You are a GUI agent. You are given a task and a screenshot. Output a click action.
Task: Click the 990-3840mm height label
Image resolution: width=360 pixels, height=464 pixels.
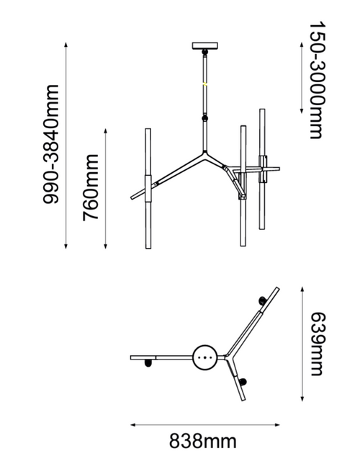[x=51, y=144]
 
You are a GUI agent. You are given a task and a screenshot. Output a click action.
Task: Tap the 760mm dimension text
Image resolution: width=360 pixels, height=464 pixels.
[x=90, y=187]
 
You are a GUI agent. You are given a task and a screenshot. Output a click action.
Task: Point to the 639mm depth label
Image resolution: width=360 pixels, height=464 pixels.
[x=318, y=344]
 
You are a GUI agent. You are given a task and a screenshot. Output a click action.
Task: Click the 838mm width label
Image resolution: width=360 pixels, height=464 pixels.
[x=202, y=441]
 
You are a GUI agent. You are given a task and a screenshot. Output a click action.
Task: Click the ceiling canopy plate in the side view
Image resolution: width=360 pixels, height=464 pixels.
[x=205, y=46]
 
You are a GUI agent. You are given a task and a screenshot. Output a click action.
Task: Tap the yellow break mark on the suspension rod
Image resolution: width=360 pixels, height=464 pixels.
[x=204, y=84]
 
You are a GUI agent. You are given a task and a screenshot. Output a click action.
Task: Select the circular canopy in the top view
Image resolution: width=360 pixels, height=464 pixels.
[x=204, y=357]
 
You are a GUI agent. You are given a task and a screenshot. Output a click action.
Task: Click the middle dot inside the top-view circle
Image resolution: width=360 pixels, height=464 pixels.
[x=204, y=357]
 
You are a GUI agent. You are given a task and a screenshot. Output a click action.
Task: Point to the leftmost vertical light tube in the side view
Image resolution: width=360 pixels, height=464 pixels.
[x=148, y=189]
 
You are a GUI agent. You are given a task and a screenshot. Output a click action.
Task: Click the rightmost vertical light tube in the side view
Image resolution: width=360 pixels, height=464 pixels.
[x=262, y=169]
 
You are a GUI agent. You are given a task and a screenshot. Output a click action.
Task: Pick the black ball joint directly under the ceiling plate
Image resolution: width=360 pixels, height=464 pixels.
[x=204, y=52]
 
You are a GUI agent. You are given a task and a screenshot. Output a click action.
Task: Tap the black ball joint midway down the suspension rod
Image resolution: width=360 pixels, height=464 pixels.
[x=204, y=118]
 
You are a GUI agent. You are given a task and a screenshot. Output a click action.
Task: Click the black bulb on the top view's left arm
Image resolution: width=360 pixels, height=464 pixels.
[x=148, y=363]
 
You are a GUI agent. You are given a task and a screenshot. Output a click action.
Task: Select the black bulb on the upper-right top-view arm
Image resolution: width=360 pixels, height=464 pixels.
[x=262, y=300]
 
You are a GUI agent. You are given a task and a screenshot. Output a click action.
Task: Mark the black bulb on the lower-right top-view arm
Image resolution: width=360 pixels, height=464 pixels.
[x=243, y=382]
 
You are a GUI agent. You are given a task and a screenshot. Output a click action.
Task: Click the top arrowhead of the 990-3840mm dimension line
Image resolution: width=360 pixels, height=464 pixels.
[x=66, y=45]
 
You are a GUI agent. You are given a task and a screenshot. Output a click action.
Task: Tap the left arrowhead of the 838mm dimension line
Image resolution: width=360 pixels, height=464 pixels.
[x=132, y=425]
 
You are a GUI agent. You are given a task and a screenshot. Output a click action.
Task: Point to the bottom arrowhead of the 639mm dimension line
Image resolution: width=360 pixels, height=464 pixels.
[x=302, y=399]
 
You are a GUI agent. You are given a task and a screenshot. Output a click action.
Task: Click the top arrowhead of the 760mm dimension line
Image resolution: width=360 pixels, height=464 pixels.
[x=106, y=131]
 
